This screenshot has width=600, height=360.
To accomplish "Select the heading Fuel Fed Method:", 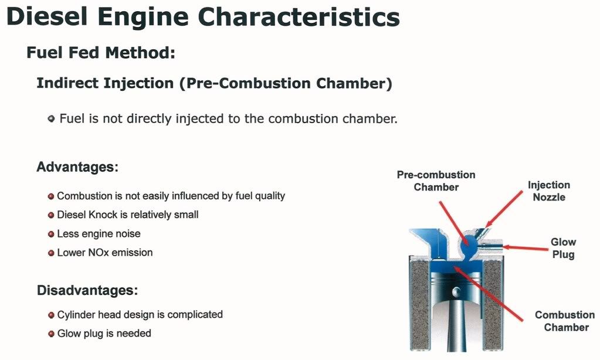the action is (x=101, y=52).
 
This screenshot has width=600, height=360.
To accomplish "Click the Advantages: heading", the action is (x=77, y=167).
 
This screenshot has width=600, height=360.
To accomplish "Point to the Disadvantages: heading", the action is (x=87, y=290).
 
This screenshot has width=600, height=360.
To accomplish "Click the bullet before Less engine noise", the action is (x=51, y=234).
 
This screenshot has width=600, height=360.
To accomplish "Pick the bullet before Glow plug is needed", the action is (x=51, y=334).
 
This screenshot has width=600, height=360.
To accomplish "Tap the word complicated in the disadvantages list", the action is (x=195, y=314).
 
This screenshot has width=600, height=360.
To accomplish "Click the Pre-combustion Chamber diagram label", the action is (x=436, y=181).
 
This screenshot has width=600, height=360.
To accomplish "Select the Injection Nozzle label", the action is (x=549, y=191).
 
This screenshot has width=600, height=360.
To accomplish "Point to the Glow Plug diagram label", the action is (x=563, y=248).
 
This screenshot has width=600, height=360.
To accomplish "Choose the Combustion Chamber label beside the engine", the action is (x=565, y=321).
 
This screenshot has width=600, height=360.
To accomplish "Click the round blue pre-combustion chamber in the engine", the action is (x=469, y=243).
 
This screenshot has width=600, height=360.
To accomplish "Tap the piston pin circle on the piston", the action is (x=456, y=292).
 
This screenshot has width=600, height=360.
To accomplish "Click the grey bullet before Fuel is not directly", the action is (x=51, y=118).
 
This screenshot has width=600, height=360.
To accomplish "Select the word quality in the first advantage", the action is (x=270, y=196).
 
